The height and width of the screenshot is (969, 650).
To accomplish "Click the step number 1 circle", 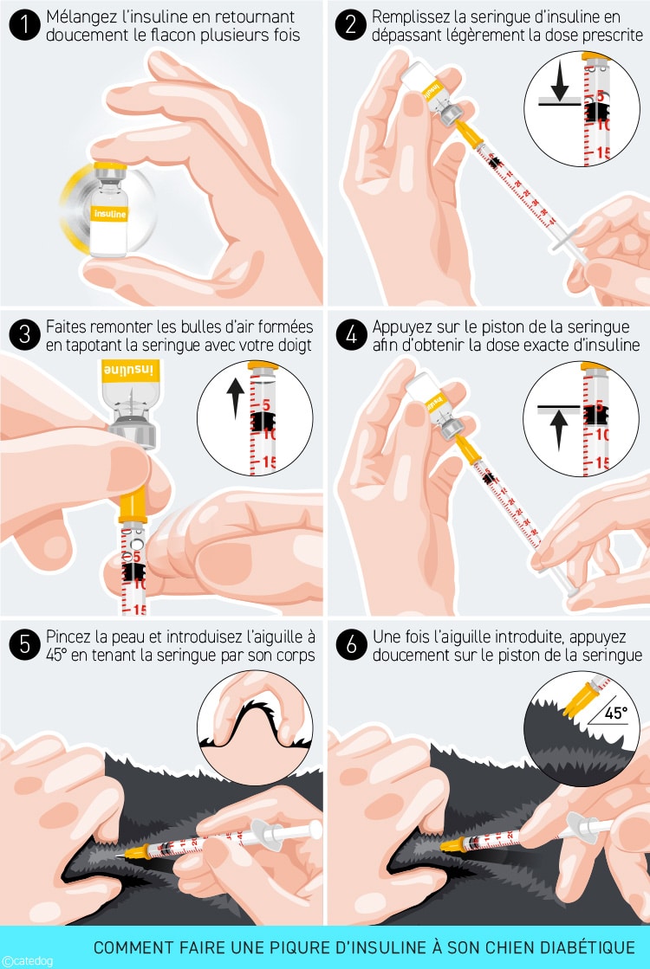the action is pyautogui.click(x=25, y=25).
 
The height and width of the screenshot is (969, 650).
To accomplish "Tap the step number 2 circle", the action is pyautogui.click(x=351, y=25).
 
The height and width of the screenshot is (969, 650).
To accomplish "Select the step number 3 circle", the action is pyautogui.click(x=25, y=335).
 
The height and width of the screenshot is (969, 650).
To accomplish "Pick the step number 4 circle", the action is pyautogui.click(x=351, y=335).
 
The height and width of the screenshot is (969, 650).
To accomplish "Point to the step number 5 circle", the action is pyautogui.click(x=25, y=644).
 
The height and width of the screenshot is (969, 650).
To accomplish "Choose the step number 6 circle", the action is pyautogui.click(x=351, y=644).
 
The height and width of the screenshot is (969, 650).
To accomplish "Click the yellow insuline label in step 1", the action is pyautogui.click(x=109, y=214).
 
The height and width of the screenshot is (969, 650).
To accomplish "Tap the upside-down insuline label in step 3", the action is pyautogui.click(x=131, y=371).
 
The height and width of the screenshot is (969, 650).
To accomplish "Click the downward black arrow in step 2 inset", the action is pyautogui.click(x=560, y=81).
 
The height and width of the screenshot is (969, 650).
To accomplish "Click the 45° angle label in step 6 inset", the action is pyautogui.click(x=616, y=714).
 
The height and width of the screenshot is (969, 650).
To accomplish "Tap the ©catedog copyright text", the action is pyautogui.click(x=27, y=961).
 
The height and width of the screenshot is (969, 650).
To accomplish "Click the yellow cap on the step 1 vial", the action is pyautogui.click(x=110, y=165).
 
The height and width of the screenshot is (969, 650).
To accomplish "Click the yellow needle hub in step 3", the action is pyautogui.click(x=133, y=507).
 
